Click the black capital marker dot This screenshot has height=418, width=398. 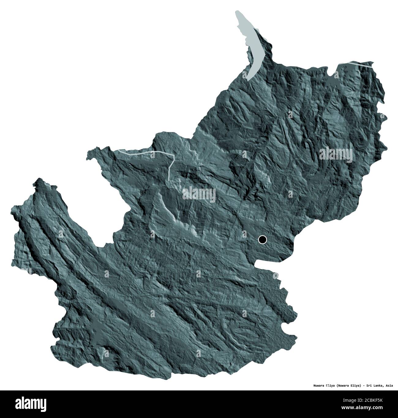(262, 239)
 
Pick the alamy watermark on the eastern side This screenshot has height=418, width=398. (336, 154)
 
